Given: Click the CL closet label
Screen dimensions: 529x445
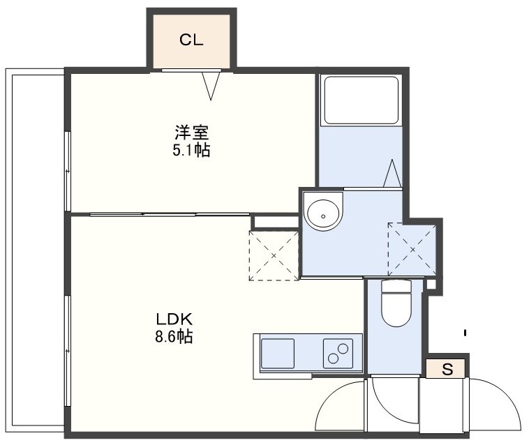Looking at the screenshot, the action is (x=191, y=40).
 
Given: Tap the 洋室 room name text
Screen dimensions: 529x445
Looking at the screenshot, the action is (x=192, y=133).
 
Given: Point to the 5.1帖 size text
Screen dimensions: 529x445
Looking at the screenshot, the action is (x=191, y=150).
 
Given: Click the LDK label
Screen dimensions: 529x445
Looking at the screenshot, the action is (x=174, y=319).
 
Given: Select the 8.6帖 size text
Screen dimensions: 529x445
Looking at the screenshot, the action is (x=174, y=336).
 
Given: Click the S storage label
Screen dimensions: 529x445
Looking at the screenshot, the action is (x=447, y=370).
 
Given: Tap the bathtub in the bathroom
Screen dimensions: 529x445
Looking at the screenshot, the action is (x=361, y=100).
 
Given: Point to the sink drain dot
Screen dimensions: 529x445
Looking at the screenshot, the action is (x=323, y=216).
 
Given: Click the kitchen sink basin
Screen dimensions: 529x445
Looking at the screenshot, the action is (x=278, y=354).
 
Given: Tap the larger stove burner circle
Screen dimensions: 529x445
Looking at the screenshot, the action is (x=343, y=349).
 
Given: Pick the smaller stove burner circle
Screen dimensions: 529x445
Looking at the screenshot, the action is (x=334, y=359).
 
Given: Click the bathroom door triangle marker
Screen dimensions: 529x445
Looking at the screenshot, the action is (x=392, y=173).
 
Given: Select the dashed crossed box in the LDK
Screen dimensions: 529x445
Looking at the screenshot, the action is (x=274, y=255).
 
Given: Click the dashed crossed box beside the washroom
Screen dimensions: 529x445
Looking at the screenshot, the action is (x=412, y=250).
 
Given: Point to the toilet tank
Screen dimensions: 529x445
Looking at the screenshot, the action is (x=396, y=286).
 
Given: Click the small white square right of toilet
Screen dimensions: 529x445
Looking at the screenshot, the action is (x=431, y=284).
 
